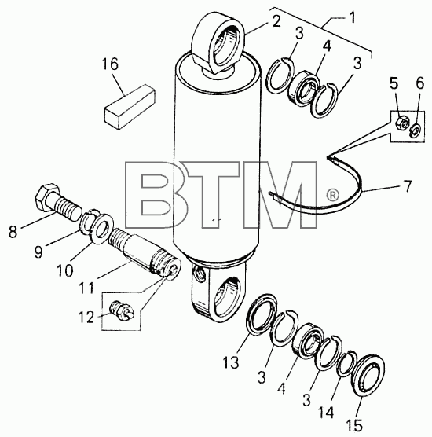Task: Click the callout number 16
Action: [x=110, y=64]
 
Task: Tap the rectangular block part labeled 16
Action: [x=130, y=107]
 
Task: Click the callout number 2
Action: [x=276, y=21]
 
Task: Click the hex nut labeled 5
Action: [x=401, y=123]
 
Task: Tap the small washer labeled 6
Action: [x=416, y=130]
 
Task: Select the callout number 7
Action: [x=408, y=186]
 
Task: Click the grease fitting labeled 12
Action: [x=122, y=310]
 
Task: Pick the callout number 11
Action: [x=86, y=288]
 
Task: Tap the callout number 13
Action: [x=231, y=362]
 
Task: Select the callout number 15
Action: [x=355, y=425]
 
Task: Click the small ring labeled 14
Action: [x=346, y=364]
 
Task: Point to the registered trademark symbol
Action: [x=332, y=196]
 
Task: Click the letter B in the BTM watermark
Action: [x=156, y=195]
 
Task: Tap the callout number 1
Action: [x=353, y=18]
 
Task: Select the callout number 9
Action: [x=38, y=252]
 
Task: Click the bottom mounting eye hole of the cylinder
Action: [x=228, y=299]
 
